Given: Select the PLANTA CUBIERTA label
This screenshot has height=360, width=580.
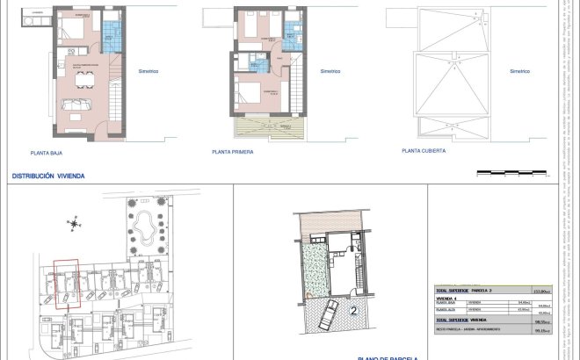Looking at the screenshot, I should point(424,151).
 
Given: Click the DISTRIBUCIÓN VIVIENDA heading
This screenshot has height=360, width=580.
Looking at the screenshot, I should point(48,176).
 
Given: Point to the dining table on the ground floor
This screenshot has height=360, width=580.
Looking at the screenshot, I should point(85,81).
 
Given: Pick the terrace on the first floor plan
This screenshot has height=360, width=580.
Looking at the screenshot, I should point(269,127).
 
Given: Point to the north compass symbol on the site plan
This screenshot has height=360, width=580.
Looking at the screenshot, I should point(74,224).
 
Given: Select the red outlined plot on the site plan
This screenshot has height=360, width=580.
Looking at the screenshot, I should point(65,282).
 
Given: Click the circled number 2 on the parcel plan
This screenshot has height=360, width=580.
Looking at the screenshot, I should point(353,309).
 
